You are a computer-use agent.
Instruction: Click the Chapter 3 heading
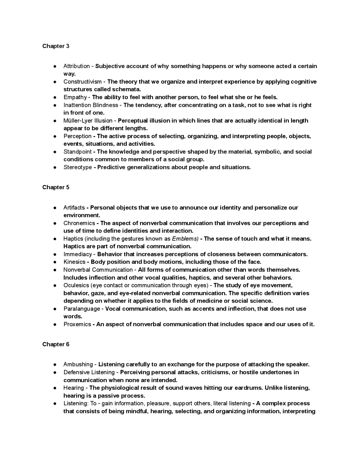pos(56,46)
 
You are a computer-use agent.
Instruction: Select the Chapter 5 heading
pos(56,187)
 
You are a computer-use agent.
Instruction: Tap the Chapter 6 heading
pos(56,344)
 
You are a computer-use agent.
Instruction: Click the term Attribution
pos(76,66)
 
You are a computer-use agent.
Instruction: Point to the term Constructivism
pos(82,82)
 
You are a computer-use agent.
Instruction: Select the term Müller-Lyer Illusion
pos(88,121)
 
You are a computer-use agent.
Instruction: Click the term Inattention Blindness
pos(91,105)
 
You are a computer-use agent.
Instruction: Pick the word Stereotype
pos(78,167)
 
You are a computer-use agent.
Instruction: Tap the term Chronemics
pos(79,223)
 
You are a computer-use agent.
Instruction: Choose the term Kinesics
pos(74,262)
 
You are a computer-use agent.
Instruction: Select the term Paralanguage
pos(82,309)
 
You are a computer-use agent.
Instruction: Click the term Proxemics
pos(77,324)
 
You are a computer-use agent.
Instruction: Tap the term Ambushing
pos(78,364)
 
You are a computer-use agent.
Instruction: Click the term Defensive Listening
pos(89,372)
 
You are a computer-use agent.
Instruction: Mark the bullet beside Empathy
pos(55,97)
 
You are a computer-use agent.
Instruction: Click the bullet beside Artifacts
pos(55,208)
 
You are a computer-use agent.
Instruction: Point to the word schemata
pos(126,89)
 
